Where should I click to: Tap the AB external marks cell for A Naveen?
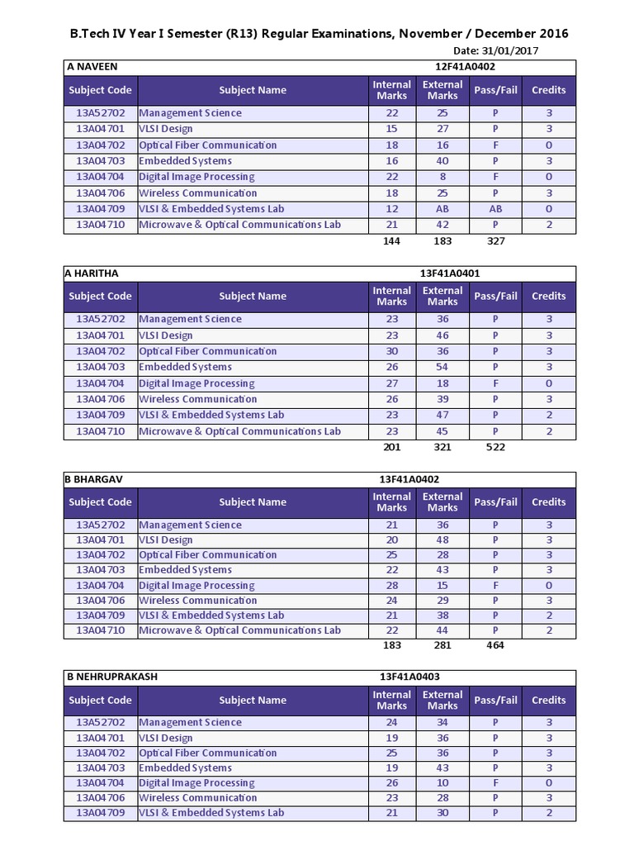(x=442, y=209)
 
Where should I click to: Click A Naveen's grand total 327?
(x=495, y=241)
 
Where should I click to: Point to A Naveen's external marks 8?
(x=442, y=177)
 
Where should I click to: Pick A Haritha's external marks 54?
(x=442, y=367)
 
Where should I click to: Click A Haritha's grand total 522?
(x=495, y=447)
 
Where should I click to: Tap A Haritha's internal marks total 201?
(x=391, y=447)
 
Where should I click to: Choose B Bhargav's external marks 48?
(x=442, y=540)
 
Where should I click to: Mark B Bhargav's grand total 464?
(x=495, y=646)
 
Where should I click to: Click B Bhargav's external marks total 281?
(x=442, y=646)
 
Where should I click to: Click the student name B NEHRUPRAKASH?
(x=111, y=677)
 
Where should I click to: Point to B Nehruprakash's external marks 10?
(x=442, y=783)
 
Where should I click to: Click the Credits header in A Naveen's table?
(x=549, y=90)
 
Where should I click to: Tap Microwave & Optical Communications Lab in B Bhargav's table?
(x=239, y=630)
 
